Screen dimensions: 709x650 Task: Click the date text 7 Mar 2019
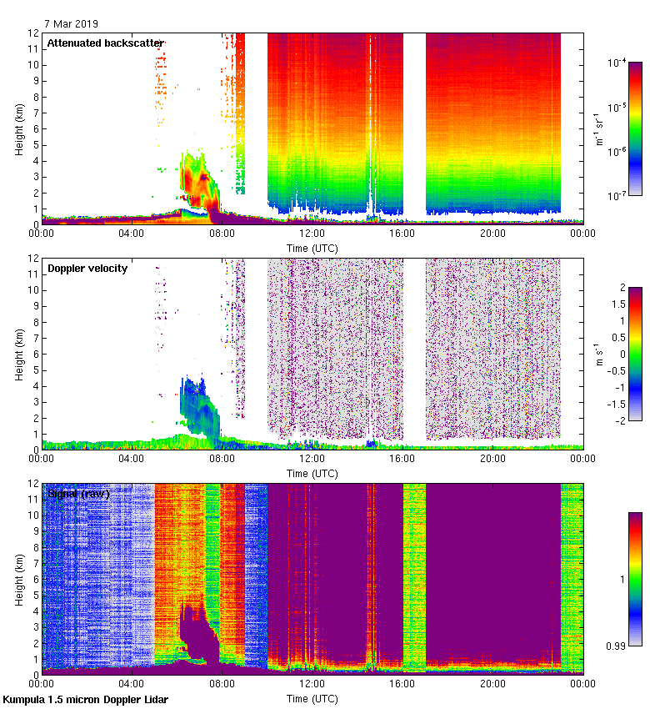coord(71,24)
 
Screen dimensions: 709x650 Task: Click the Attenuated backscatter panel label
coord(105,43)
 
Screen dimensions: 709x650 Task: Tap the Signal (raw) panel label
coord(79,494)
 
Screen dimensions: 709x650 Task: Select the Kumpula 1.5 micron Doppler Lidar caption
coord(85,699)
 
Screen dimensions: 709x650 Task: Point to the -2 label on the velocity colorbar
coord(620,421)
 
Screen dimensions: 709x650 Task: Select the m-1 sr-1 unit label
coord(599,129)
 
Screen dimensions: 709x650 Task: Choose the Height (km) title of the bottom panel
coord(18,580)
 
